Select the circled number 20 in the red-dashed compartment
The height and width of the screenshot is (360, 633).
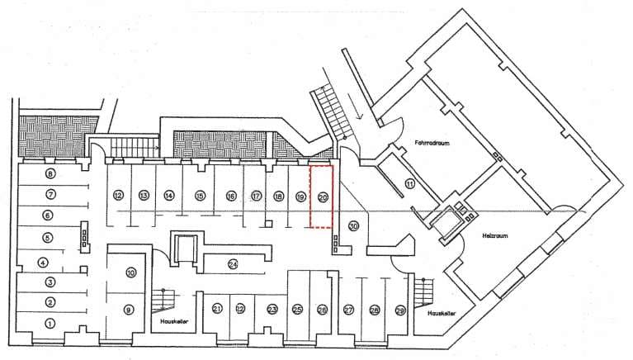pyautogui.click(x=323, y=197)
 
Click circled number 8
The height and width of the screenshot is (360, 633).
pyautogui.click(x=50, y=174)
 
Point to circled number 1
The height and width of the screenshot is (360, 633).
pyautogui.click(x=50, y=324)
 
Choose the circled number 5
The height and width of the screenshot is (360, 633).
pyautogui.click(x=48, y=238)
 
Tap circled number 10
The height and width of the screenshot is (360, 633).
pyautogui.click(x=130, y=272)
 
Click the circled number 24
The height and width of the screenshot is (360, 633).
pyautogui.click(x=234, y=264)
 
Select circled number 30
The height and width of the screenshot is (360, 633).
pyautogui.click(x=354, y=226)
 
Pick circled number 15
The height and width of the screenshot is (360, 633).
pyautogui.click(x=200, y=196)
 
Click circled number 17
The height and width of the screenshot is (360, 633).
pyautogui.click(x=257, y=197)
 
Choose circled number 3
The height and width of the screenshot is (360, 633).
pyautogui.click(x=50, y=282)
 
